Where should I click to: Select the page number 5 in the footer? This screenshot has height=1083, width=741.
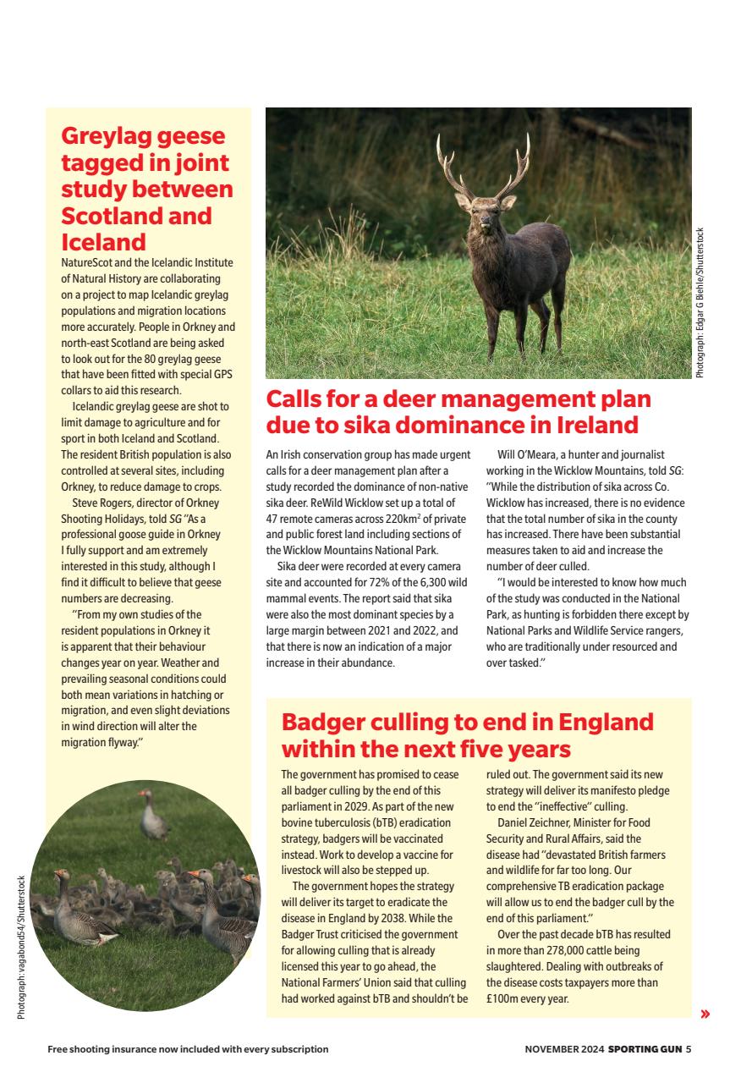(689, 1049)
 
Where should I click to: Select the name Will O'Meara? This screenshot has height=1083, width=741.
(534, 454)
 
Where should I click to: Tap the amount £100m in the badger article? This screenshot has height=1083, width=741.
(503, 998)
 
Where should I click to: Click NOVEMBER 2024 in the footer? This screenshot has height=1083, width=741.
(564, 1049)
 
